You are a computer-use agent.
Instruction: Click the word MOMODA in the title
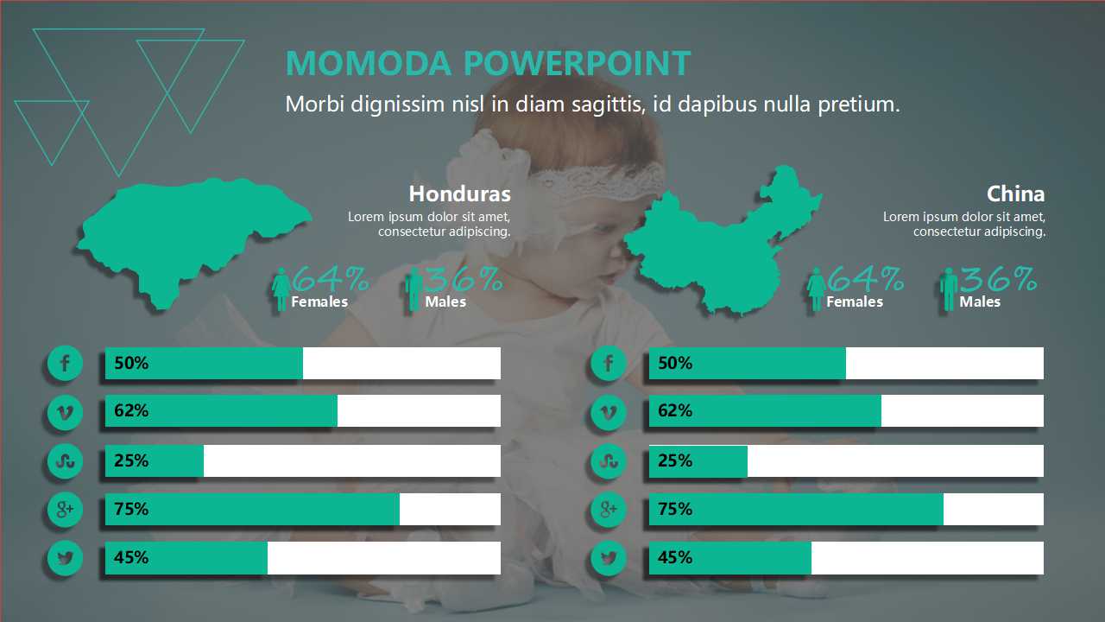click(x=369, y=63)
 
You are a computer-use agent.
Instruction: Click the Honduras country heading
click(x=460, y=194)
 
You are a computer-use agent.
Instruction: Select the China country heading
click(x=1015, y=194)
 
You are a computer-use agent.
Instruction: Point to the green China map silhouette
click(x=720, y=247)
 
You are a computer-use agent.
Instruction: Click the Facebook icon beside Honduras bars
click(x=65, y=364)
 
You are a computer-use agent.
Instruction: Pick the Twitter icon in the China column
click(x=609, y=558)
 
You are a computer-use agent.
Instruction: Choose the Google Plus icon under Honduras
click(x=65, y=510)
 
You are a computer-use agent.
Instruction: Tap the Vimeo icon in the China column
click(x=609, y=412)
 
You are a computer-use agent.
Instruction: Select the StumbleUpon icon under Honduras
click(x=65, y=461)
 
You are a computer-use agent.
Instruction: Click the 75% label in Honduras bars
click(x=131, y=509)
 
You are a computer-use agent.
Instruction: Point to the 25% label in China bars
click(x=675, y=460)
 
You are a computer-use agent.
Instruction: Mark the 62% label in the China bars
click(x=675, y=410)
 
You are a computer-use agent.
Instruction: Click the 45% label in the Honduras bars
click(x=131, y=557)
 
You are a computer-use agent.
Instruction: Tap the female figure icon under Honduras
click(x=281, y=289)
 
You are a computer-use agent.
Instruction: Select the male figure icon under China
click(x=948, y=289)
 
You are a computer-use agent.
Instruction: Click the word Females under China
click(x=855, y=301)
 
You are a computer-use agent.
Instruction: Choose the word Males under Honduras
click(x=445, y=301)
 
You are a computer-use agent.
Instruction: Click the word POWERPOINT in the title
click(x=578, y=63)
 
